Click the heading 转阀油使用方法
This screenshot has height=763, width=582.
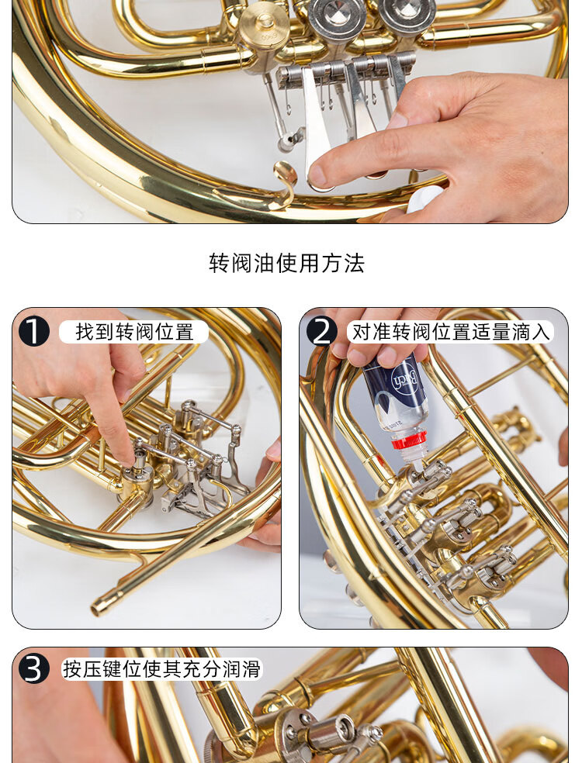coord(286,264)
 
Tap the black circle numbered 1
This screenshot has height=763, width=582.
coord(33,331)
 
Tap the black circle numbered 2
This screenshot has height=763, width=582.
coord(321,331)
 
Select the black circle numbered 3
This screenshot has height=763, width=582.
coord(33,668)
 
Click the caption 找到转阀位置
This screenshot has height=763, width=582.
coord(134,332)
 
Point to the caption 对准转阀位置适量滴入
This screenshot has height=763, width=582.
coord(451,332)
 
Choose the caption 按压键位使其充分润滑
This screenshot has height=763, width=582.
coord(161,669)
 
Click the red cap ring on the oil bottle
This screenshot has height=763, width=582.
coord(409,440)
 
